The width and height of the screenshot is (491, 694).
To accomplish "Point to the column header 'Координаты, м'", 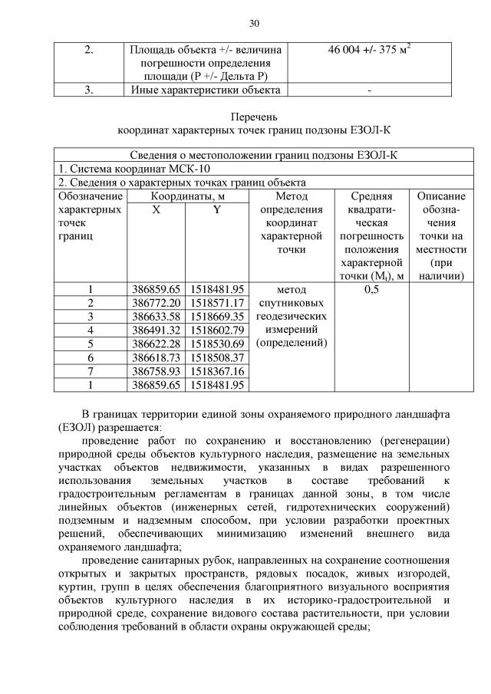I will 187,196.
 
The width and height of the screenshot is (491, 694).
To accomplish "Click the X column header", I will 156,209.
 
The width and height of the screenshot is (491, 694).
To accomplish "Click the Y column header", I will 216,209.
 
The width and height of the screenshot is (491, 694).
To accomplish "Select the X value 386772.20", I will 156,303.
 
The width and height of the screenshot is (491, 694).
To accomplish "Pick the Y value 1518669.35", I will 216,317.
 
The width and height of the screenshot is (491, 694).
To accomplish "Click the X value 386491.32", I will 156,330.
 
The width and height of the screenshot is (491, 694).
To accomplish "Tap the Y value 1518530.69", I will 216,344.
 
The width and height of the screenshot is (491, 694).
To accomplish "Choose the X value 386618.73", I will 156,357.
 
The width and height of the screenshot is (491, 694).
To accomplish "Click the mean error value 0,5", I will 371,290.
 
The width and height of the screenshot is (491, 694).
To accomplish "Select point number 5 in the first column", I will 90,344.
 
